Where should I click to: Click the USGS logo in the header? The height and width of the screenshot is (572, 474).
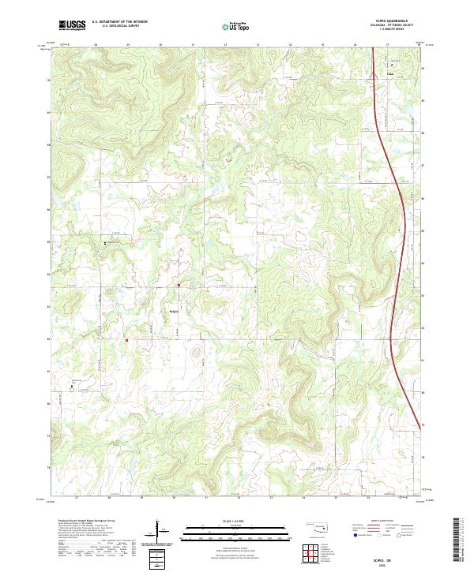coord(72,24)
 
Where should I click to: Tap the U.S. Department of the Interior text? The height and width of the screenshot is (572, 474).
coord(118,21)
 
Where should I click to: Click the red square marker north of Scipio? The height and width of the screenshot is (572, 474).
coord(179,285)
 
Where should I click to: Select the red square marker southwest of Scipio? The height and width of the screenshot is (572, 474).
coord(126,340)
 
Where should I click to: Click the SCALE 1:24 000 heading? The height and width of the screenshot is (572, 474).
coord(237,521)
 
